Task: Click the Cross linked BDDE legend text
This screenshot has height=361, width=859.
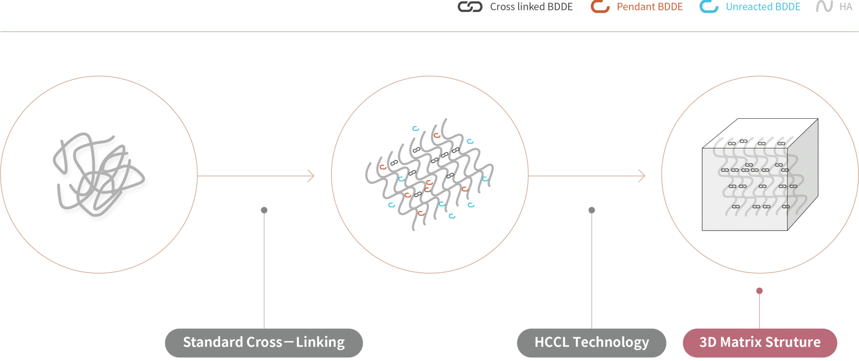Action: [x=531, y=7]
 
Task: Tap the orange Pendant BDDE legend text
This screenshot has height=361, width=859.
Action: [x=650, y=7]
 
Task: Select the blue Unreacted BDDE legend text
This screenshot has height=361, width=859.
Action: [x=763, y=7]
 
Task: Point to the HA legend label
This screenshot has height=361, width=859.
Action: [x=846, y=7]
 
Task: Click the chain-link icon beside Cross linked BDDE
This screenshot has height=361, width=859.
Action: [x=470, y=7]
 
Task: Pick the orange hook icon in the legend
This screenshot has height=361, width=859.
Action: [x=600, y=7]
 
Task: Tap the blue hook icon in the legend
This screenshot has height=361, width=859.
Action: [x=709, y=7]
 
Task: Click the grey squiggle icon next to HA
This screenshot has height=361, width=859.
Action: [x=824, y=7]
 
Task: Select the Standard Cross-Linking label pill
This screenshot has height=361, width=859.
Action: [x=264, y=343]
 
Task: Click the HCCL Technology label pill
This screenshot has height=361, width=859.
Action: [x=591, y=343]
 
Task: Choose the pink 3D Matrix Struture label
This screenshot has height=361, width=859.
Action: [x=760, y=343]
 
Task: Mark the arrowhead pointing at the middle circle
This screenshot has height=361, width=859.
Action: [x=311, y=176]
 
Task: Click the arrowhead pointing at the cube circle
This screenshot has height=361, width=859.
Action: [x=642, y=176]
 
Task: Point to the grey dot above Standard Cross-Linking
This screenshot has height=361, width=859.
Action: [x=264, y=210]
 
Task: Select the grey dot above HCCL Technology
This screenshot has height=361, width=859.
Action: [x=591, y=210]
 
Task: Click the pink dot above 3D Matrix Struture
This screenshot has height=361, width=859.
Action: [x=759, y=291]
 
